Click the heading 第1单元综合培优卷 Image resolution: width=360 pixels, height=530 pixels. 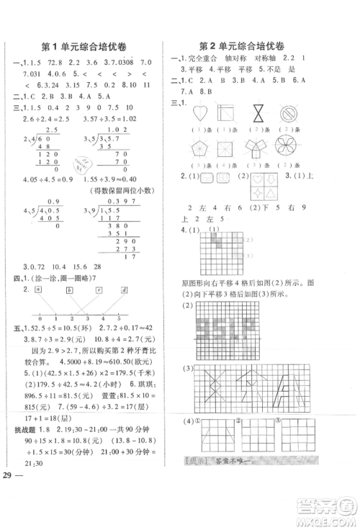[x=84, y=46]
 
